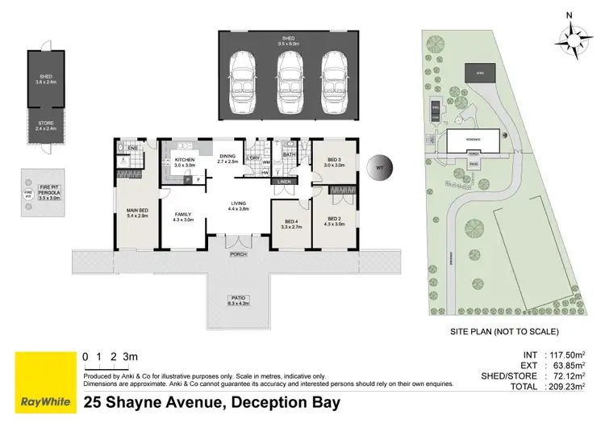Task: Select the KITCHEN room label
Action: tap(185, 161)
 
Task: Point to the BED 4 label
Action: tap(290, 224)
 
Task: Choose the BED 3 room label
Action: tap(334, 161)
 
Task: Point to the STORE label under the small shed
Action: tap(45, 125)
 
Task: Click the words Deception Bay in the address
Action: tap(286, 401)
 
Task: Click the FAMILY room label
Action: tap(181, 215)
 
